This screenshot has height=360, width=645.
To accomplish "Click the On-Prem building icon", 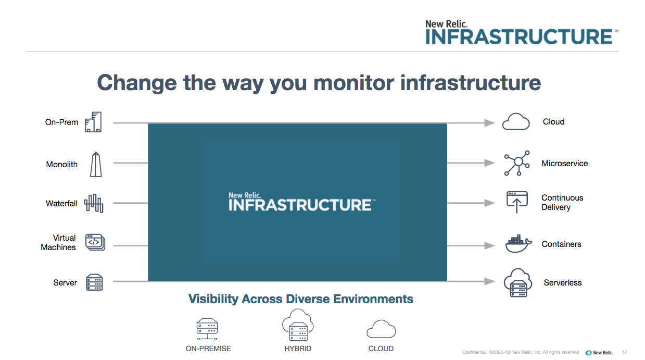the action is point(93,122).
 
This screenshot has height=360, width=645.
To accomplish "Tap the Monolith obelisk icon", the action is point(96,164).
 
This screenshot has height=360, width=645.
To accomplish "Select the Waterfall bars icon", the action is point(94,203).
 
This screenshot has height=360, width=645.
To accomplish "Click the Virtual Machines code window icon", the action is point(95,242).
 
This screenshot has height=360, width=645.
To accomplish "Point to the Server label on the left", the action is point(65,282).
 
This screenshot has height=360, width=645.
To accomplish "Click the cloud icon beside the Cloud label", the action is point(516,121).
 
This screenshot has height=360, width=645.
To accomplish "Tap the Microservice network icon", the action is point(517,163).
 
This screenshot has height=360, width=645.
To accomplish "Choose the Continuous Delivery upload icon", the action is point(517,202).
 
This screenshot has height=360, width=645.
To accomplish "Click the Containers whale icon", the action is point(518,244).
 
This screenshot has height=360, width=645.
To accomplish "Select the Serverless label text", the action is point(562,282).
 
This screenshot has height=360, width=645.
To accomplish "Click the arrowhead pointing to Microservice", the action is point(489,163).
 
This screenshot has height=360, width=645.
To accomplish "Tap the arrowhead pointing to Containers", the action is point(489,245).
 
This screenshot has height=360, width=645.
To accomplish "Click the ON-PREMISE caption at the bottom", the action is point(208,349).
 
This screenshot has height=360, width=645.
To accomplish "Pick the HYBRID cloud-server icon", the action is point(298,325).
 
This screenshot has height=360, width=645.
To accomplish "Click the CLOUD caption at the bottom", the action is point(381,349).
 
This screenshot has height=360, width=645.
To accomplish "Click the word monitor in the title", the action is point(353,83).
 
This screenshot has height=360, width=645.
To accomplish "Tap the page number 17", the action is point(624,352).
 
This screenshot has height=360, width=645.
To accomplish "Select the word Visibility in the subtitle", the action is point(213,299).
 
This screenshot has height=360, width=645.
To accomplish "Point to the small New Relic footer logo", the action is point(599,353).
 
